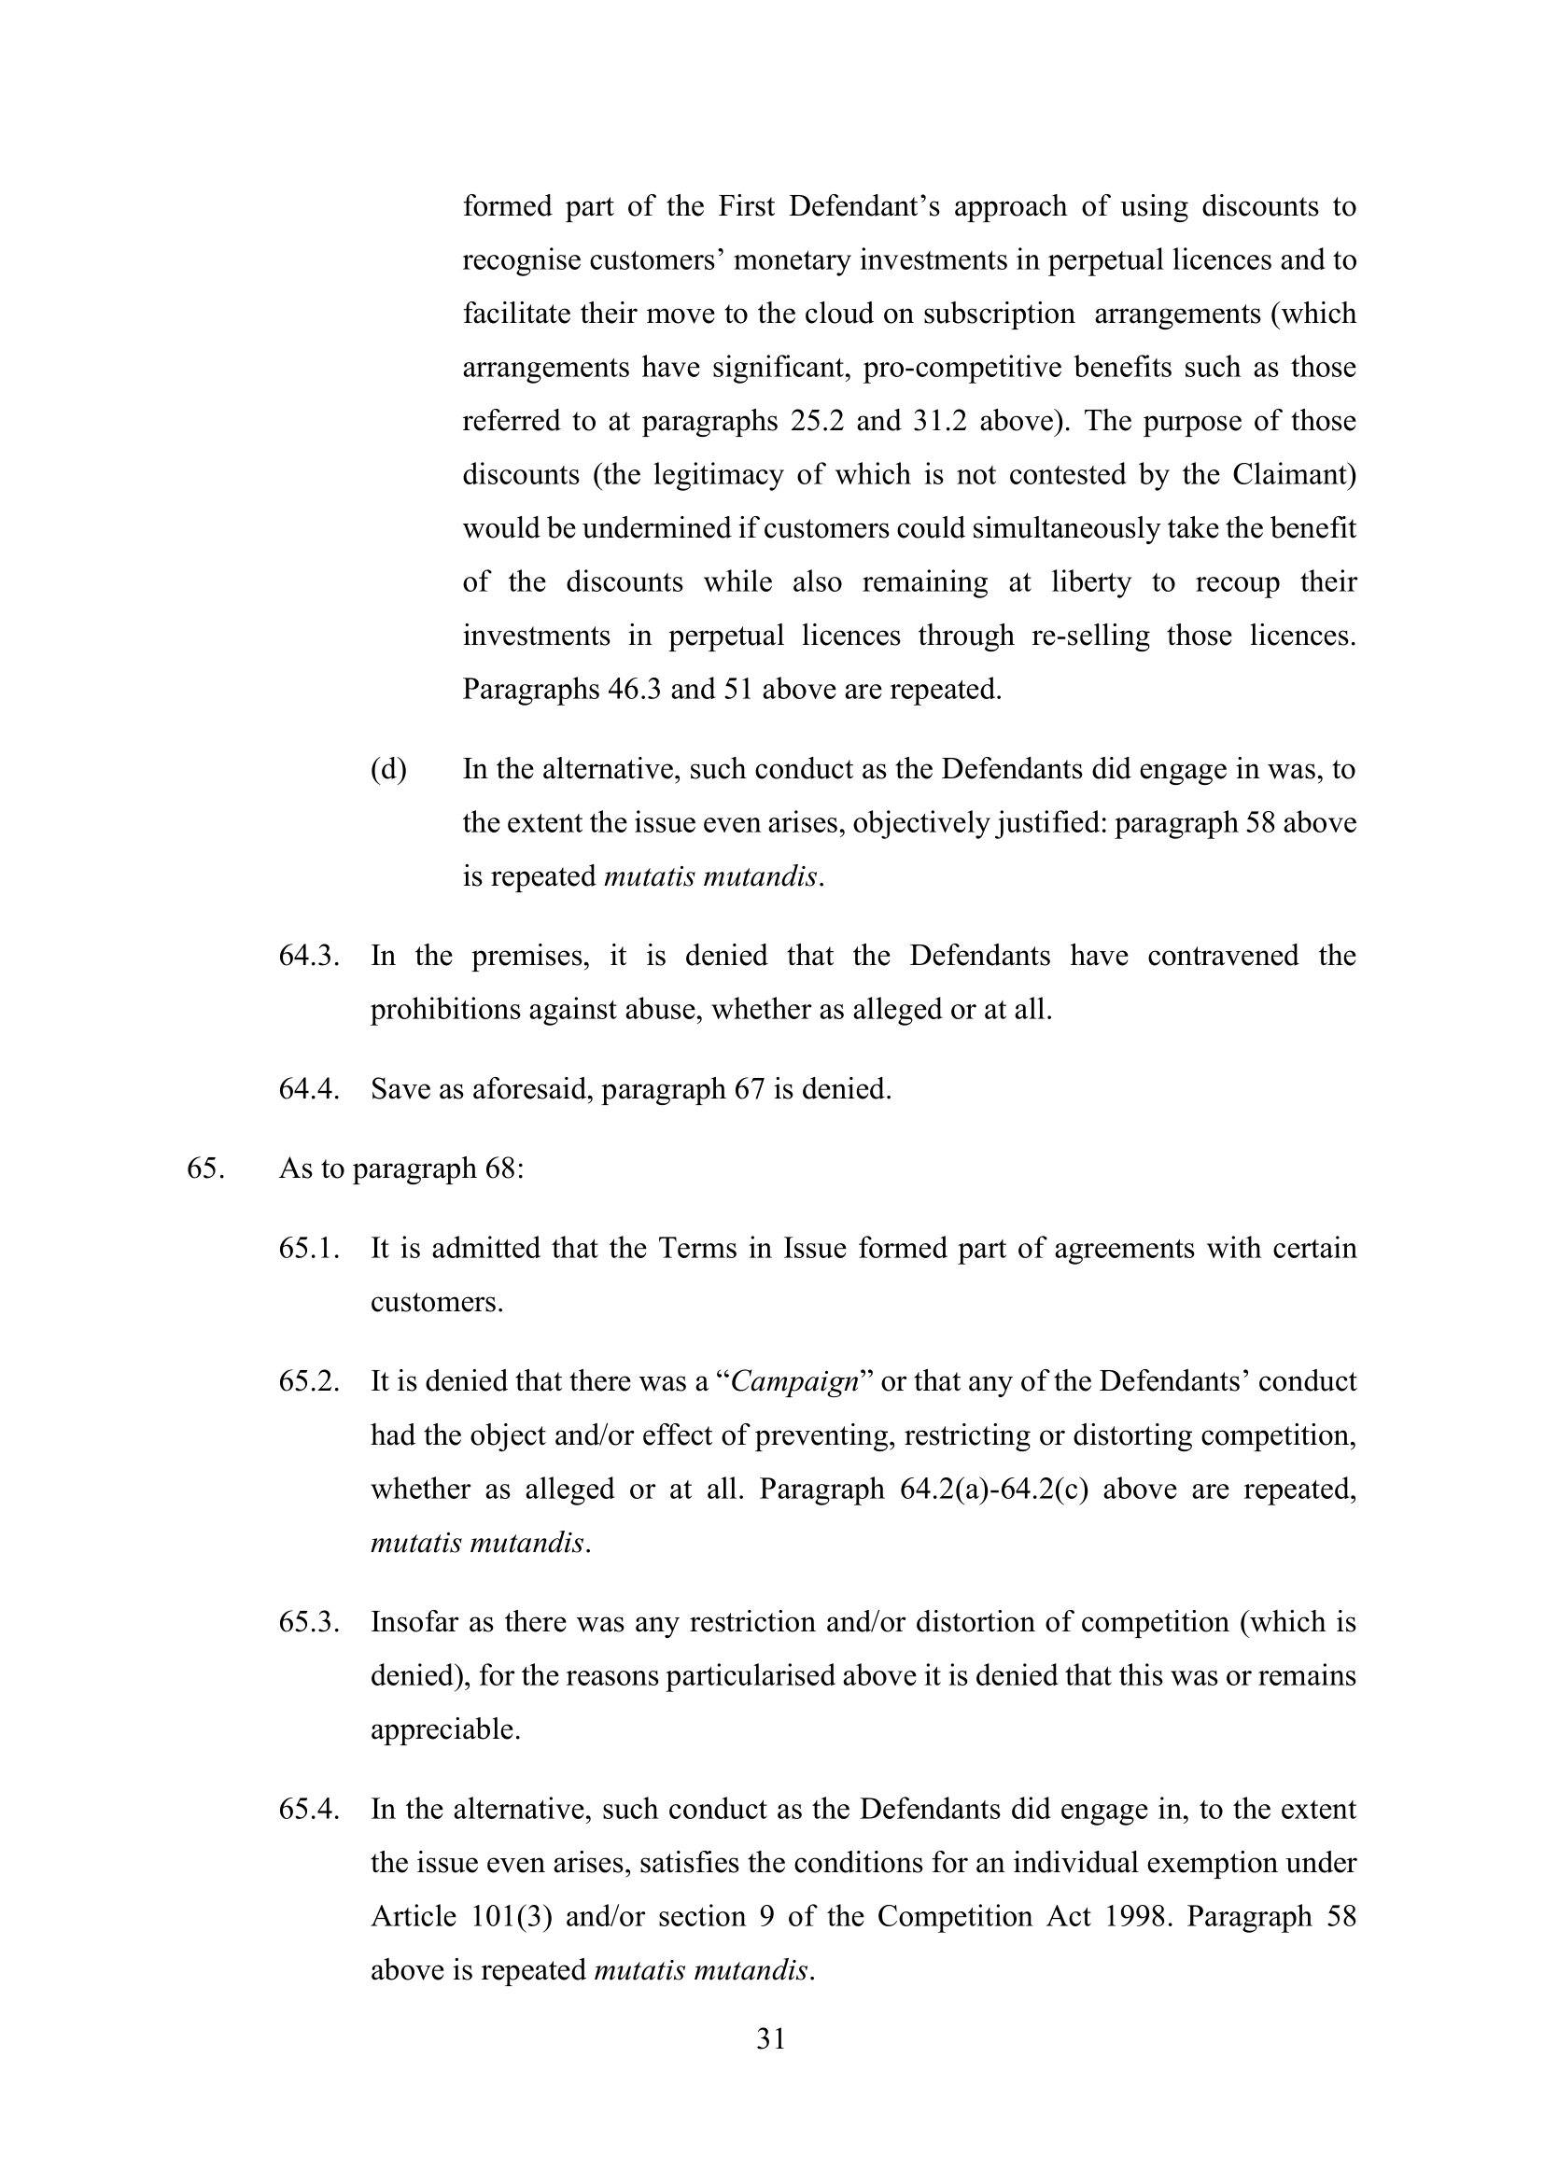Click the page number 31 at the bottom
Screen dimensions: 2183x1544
pyautogui.click(x=771, y=2040)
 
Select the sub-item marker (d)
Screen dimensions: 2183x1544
pyautogui.click(x=388, y=769)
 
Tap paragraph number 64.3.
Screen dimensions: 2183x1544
pyautogui.click(x=309, y=956)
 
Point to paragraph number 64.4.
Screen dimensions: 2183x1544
pyautogui.click(x=309, y=1088)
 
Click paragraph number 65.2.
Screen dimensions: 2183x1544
pyautogui.click(x=309, y=1381)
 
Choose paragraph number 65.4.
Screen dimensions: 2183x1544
pyautogui.click(x=309, y=1810)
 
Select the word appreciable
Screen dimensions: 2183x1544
pyautogui.click(x=445, y=1729)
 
